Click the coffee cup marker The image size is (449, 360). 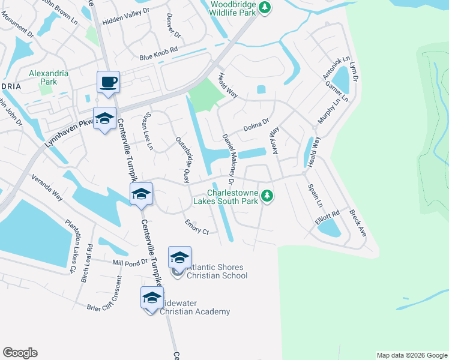(x=109, y=82)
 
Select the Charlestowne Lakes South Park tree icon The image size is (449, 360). (x=268, y=196)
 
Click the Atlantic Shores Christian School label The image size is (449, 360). (x=217, y=271)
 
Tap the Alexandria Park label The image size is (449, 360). (x=49, y=77)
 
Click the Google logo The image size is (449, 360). (x=20, y=353)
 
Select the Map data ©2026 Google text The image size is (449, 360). (x=411, y=355)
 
